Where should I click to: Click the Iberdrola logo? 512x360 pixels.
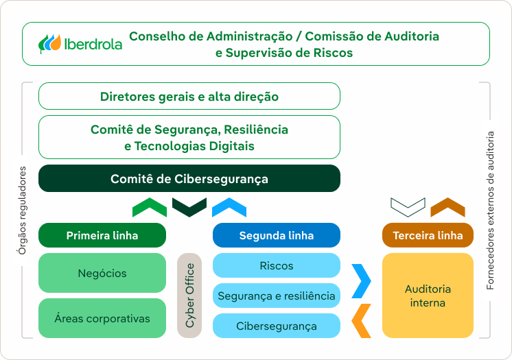coord(80,44)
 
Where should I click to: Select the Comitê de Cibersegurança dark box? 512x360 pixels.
coord(189,178)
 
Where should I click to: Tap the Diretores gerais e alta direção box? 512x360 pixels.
coord(189,96)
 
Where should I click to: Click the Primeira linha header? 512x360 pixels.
coord(102,235)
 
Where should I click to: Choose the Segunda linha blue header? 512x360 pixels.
coord(277,235)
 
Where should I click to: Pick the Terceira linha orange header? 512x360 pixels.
coord(428,235)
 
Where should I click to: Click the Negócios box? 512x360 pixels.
coord(102,273)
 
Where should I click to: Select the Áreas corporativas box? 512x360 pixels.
coord(102,318)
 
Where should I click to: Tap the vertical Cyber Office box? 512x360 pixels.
coord(189,296)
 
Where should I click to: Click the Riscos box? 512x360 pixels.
coord(277,265)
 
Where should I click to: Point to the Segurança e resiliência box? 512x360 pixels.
coord(277,296)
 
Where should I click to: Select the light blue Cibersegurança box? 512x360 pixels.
coord(277,326)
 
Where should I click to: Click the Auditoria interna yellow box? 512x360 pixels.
coord(428,296)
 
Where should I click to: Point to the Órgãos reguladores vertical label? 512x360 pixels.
coord(22,211)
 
